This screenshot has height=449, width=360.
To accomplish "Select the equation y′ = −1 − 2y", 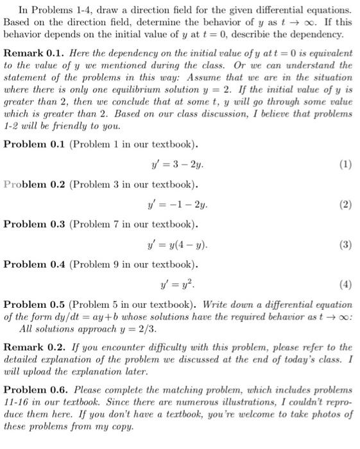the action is [x=179, y=205].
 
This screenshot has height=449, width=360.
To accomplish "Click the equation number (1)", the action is [x=346, y=164].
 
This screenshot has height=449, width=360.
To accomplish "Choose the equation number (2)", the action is [x=346, y=205].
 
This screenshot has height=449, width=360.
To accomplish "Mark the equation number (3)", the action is [x=346, y=244].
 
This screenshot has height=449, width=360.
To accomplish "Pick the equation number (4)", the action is [x=346, y=284].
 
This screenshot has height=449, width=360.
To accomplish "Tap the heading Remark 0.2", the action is [x=31, y=347].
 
